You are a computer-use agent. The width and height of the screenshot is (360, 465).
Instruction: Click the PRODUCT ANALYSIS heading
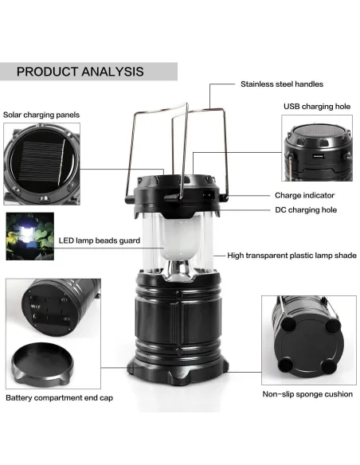[x=80, y=71]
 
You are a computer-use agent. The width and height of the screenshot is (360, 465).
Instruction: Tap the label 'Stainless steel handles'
[x=282, y=84]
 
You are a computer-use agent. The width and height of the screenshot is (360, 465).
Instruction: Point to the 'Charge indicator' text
[x=304, y=195]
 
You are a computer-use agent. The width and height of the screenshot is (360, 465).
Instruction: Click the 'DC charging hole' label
[x=306, y=210]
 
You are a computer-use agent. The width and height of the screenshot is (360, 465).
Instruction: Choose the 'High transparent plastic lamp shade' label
[x=292, y=256]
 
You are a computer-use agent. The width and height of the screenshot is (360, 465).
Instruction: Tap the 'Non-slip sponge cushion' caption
[x=307, y=394]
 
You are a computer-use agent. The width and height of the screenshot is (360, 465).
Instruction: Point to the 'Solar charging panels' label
[x=41, y=115]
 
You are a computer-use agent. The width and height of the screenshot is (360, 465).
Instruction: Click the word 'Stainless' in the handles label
[x=258, y=84]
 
